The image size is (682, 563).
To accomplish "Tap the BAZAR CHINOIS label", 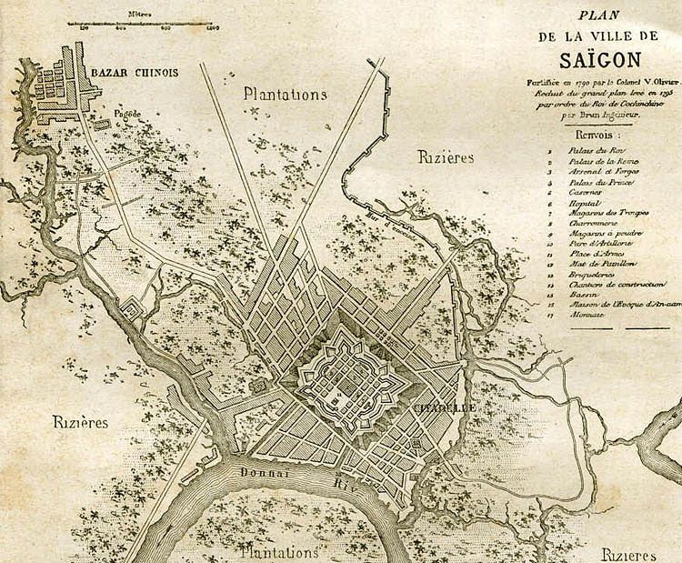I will click(x=134, y=73).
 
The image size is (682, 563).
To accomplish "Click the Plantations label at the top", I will click(x=285, y=94).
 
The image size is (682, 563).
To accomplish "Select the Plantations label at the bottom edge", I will click(x=279, y=552).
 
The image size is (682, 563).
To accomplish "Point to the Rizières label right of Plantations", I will click(x=446, y=157).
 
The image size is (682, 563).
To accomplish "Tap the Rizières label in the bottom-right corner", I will click(x=628, y=554).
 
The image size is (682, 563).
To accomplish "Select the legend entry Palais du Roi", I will click(x=595, y=149).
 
